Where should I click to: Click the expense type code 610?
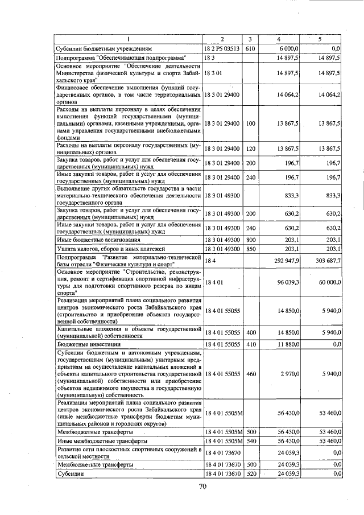click(x=250, y=49)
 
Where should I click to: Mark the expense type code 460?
click(x=251, y=373)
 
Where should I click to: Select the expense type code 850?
click(x=251, y=249)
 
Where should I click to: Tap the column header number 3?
click(x=250, y=39)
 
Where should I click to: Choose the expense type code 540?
click(x=251, y=441)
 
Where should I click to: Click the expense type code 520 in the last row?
click(x=251, y=473)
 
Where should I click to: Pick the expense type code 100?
click(x=251, y=123)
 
